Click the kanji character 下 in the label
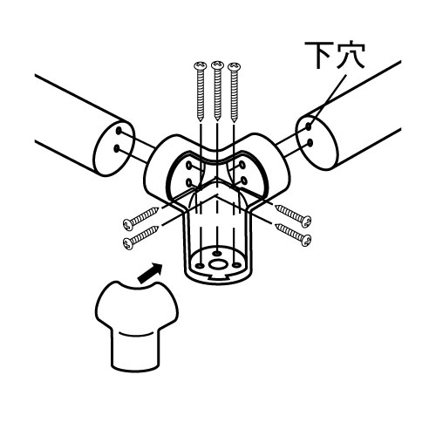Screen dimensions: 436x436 point(319,55)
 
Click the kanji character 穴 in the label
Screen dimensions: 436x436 point(351,56)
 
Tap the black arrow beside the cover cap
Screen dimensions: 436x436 point(150,273)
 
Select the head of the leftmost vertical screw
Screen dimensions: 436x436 point(201,66)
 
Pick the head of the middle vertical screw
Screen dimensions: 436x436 point(217,65)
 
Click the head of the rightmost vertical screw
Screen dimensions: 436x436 point(235,66)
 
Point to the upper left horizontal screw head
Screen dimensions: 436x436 point(128,224)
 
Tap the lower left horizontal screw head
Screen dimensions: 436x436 point(128,243)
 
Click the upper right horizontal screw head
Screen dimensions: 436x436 point(306,222)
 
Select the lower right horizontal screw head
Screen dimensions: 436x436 point(306,241)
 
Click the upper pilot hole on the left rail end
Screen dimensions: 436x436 point(119,131)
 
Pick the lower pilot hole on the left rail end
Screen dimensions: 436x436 point(117,148)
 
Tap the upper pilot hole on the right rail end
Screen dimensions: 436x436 point(308,126)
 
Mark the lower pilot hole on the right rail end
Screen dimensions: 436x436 point(310,143)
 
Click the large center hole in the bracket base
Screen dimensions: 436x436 point(217,265)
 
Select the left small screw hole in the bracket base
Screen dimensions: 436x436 point(200,265)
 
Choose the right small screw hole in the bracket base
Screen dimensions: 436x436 point(237,264)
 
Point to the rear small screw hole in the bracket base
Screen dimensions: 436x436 point(217,254)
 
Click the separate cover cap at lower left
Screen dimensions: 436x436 point(136,326)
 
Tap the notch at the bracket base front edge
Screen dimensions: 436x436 point(217,276)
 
